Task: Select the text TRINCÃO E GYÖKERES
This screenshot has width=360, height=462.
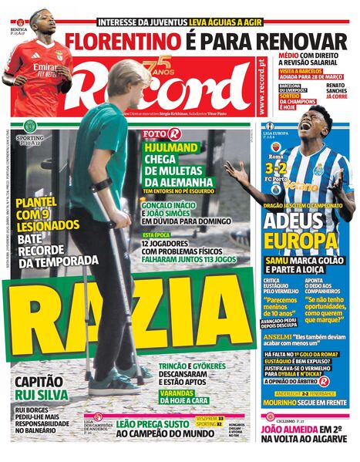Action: point(189,366)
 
